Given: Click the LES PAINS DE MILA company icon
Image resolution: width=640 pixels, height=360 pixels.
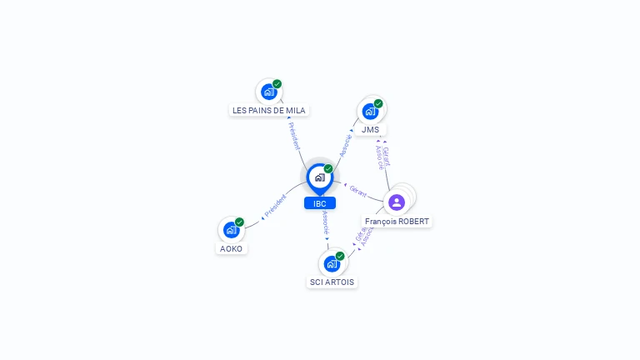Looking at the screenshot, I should pyautogui.click(x=267, y=92).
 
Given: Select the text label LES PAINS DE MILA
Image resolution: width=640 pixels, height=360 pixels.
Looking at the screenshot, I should pyautogui.click(x=269, y=110).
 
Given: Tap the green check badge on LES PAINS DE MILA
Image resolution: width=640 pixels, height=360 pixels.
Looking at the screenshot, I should pyautogui.click(x=277, y=84).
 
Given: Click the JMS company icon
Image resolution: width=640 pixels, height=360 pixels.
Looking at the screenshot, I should pyautogui.click(x=369, y=111).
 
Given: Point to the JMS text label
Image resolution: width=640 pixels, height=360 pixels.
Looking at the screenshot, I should pyautogui.click(x=370, y=129).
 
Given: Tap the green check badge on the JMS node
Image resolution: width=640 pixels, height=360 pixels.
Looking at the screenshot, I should pyautogui.click(x=378, y=104).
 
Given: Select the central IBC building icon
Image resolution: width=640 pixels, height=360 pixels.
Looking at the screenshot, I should pyautogui.click(x=319, y=177).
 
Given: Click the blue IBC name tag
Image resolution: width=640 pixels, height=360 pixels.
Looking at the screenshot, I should pyautogui.click(x=320, y=203).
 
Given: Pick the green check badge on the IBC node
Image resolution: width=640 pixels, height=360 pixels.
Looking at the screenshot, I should pyautogui.click(x=328, y=169).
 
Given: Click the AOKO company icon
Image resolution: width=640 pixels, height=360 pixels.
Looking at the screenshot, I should pyautogui.click(x=230, y=230).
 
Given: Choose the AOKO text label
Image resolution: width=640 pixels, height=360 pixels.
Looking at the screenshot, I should pyautogui.click(x=231, y=248).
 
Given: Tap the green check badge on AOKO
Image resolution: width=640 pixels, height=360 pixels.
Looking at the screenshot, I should pyautogui.click(x=239, y=222).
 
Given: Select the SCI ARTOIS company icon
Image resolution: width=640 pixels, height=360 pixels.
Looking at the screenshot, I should pyautogui.click(x=331, y=264).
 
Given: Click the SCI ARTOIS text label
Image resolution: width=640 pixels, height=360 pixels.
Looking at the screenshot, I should pyautogui.click(x=332, y=282).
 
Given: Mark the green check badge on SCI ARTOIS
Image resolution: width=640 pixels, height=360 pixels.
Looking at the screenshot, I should pyautogui.click(x=340, y=257).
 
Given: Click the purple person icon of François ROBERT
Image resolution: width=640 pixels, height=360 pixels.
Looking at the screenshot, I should pyautogui.click(x=397, y=202).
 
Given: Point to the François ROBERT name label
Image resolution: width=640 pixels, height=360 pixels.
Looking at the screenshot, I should pyautogui.click(x=397, y=221).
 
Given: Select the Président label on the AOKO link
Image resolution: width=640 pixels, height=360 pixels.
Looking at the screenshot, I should pyautogui.click(x=275, y=207).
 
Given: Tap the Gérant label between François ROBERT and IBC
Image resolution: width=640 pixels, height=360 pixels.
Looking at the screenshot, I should pyautogui.click(x=358, y=191).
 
